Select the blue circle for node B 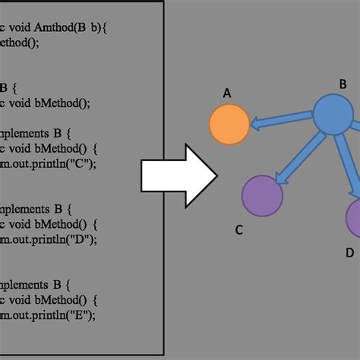(333, 115)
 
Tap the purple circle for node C (262, 195)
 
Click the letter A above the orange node (226, 93)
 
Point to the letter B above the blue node (343, 84)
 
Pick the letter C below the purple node (238, 231)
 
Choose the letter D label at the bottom (349, 252)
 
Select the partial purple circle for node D (354, 218)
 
